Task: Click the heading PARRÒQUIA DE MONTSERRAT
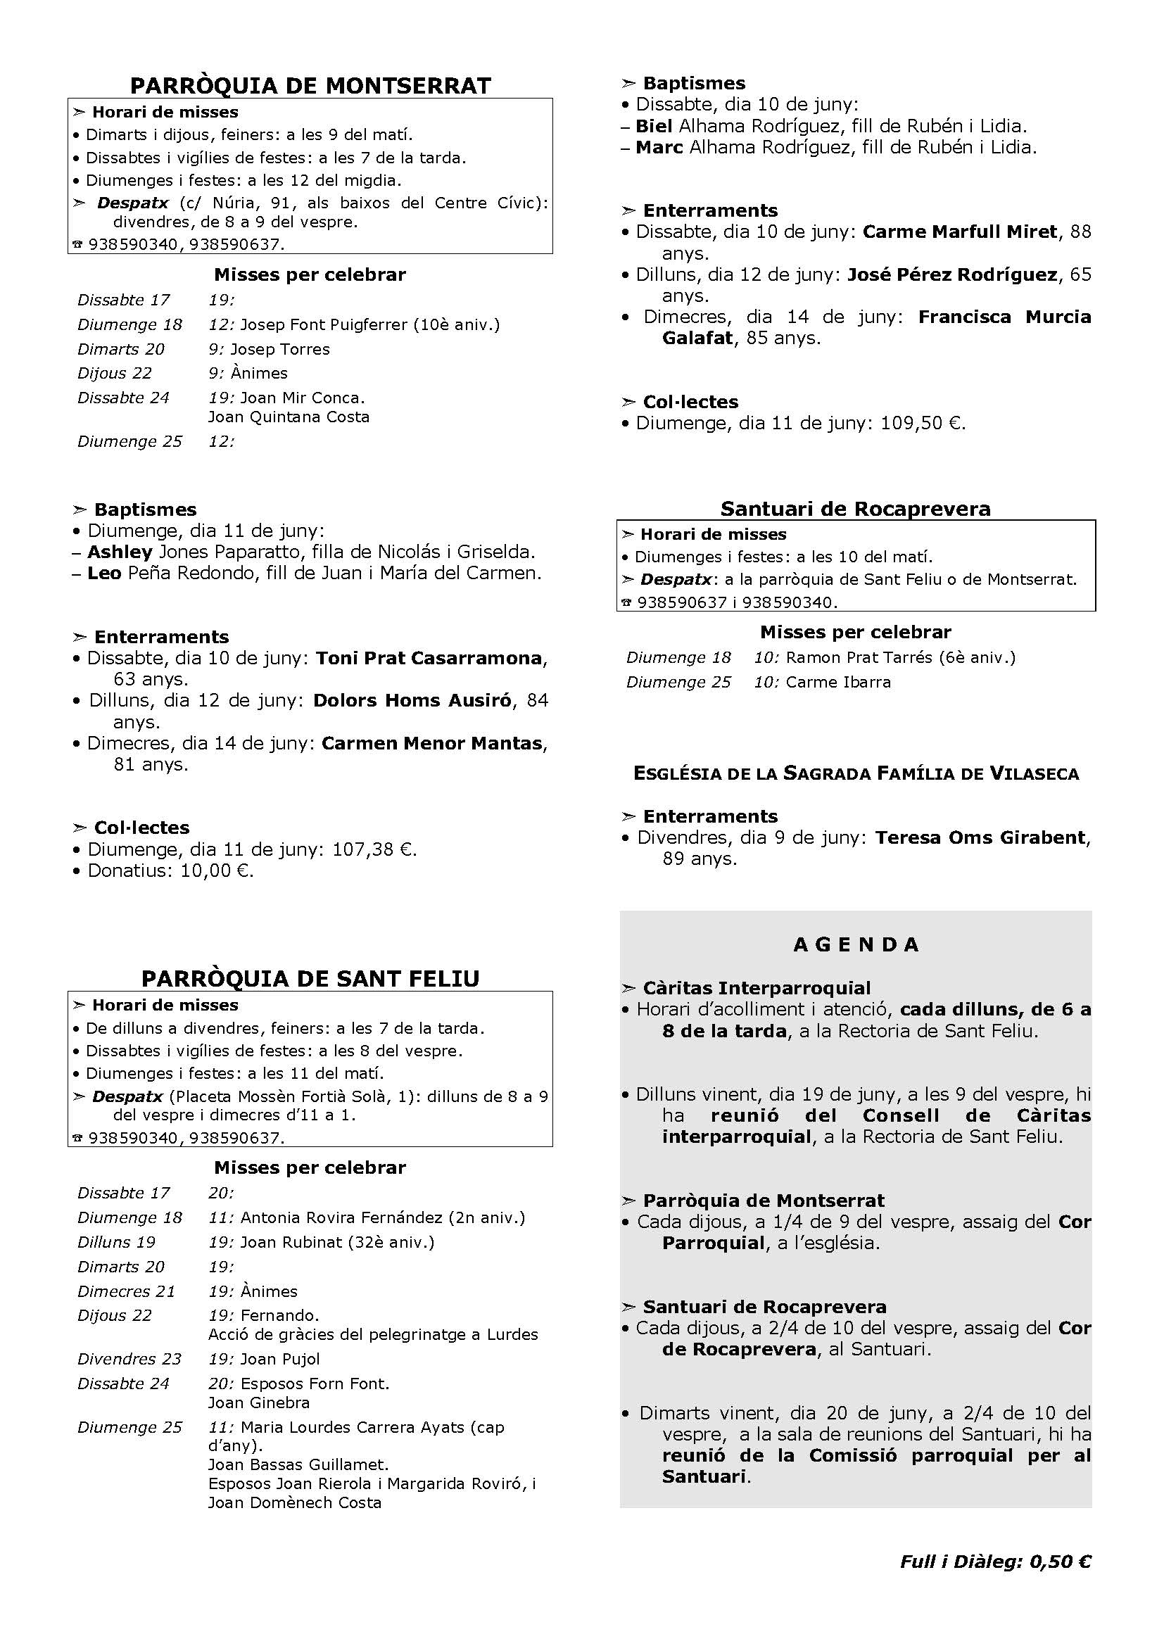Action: [x=310, y=86]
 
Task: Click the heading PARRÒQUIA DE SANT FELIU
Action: [x=310, y=979]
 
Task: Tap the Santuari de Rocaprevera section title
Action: [x=855, y=509]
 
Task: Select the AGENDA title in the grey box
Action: [x=856, y=945]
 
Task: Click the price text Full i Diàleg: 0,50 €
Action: [x=996, y=1562]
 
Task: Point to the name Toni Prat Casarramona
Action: [x=429, y=658]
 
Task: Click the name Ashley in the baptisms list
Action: [x=120, y=552]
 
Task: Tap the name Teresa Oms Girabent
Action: [x=980, y=837]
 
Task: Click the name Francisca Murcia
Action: [x=1004, y=317]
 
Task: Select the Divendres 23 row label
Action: [x=129, y=1360]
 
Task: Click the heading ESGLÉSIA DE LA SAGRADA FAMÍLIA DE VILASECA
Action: [x=856, y=773]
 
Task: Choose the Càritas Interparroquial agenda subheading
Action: [x=756, y=989]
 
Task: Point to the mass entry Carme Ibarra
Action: [x=838, y=682]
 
